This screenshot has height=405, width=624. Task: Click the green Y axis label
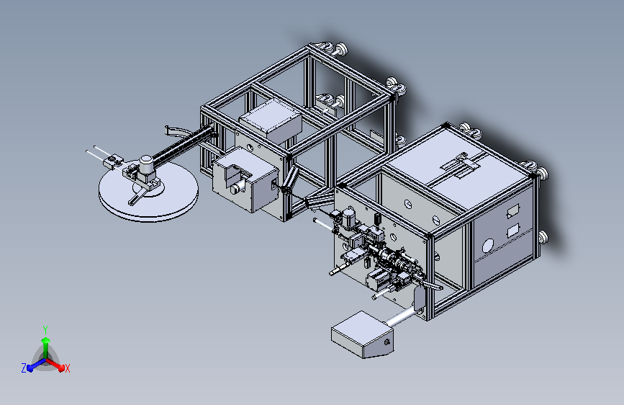click(x=45, y=329)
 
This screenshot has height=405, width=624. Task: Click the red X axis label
click(x=67, y=369)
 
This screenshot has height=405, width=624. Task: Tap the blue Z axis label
click(x=24, y=368)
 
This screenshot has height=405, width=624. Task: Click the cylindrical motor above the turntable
click(x=146, y=164)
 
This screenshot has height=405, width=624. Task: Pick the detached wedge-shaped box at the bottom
click(x=362, y=334)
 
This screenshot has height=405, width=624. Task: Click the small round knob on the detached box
click(x=386, y=342)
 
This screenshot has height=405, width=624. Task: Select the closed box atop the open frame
click(x=270, y=119)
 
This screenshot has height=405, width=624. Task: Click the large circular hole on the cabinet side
click(x=488, y=246)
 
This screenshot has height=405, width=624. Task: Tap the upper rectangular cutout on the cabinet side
click(x=513, y=211)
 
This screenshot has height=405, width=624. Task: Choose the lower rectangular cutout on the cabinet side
click(x=513, y=231)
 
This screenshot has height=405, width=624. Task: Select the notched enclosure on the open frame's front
click(x=245, y=179)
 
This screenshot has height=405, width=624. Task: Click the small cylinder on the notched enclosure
click(x=235, y=188)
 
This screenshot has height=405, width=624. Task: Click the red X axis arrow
click(x=55, y=364)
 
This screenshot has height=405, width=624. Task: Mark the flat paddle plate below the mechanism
click(x=419, y=298)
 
